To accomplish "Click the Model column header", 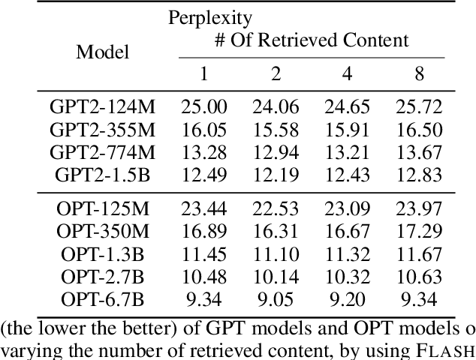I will [x=102, y=52].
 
